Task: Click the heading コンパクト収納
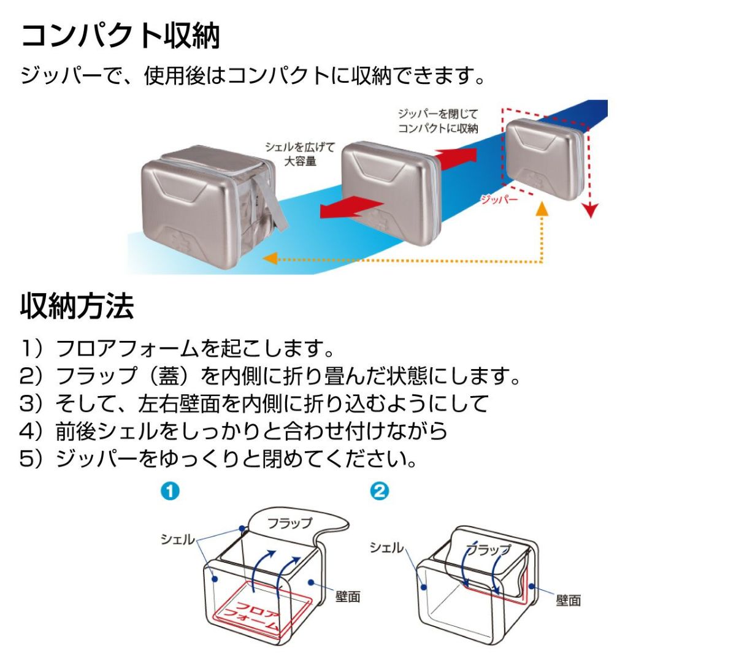pyautogui.click(x=120, y=36)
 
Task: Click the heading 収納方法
pyautogui.click(x=77, y=306)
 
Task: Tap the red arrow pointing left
pyautogui.click(x=348, y=207)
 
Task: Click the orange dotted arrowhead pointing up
pyautogui.click(x=541, y=209)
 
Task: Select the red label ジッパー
pyautogui.click(x=499, y=199)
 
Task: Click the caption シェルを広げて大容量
pyautogui.click(x=300, y=154)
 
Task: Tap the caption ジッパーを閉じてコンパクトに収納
pyautogui.click(x=437, y=121)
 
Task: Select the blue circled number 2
pyautogui.click(x=380, y=491)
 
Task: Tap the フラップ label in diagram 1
pyautogui.click(x=289, y=523)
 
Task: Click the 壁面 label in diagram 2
pyautogui.click(x=568, y=600)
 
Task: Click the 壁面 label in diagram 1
pyautogui.click(x=347, y=596)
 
